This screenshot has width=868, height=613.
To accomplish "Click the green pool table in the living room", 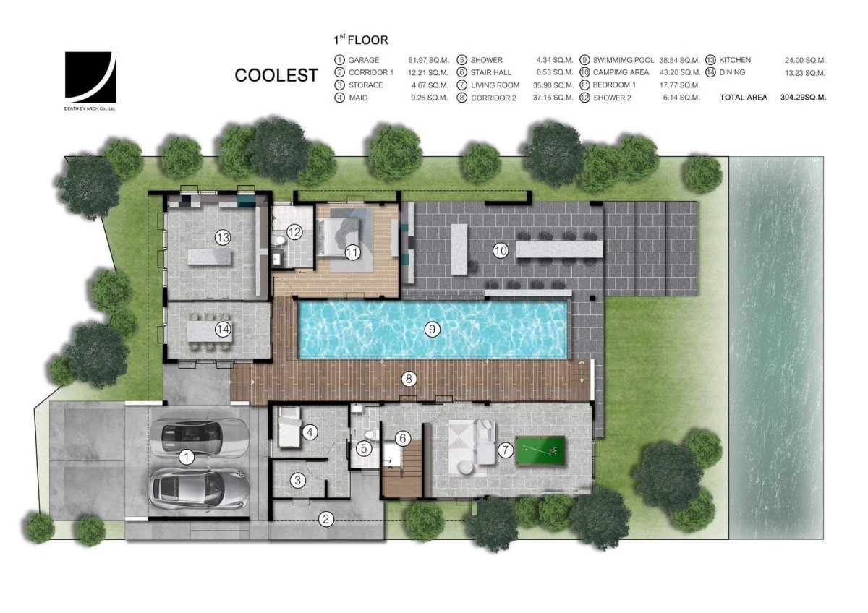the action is (x=540, y=451).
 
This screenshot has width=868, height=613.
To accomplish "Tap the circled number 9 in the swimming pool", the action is (x=432, y=329).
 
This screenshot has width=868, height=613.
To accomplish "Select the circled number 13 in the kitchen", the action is (x=223, y=237).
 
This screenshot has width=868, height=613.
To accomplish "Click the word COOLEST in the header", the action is (x=276, y=75).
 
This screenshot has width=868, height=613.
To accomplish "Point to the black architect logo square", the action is (x=90, y=77).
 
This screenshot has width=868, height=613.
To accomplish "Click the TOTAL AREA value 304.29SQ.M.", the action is (x=804, y=98).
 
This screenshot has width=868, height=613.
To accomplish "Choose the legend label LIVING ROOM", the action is (x=495, y=85).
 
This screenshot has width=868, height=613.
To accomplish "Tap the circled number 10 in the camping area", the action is (x=501, y=251).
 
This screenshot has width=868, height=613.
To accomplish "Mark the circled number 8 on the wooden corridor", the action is (x=409, y=379).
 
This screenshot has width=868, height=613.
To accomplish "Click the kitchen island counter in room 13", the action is (x=210, y=257).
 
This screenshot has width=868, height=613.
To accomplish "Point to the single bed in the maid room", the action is (x=289, y=427).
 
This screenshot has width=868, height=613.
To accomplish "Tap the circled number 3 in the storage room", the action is (x=297, y=481).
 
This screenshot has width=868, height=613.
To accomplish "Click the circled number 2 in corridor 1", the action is (x=325, y=519).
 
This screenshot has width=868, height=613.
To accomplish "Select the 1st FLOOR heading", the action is (x=361, y=40).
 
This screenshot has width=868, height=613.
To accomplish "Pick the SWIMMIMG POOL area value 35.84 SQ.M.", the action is (x=679, y=61).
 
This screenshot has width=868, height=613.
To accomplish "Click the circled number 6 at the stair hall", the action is (x=403, y=438).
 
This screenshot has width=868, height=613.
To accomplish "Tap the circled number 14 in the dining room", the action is (x=223, y=330).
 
